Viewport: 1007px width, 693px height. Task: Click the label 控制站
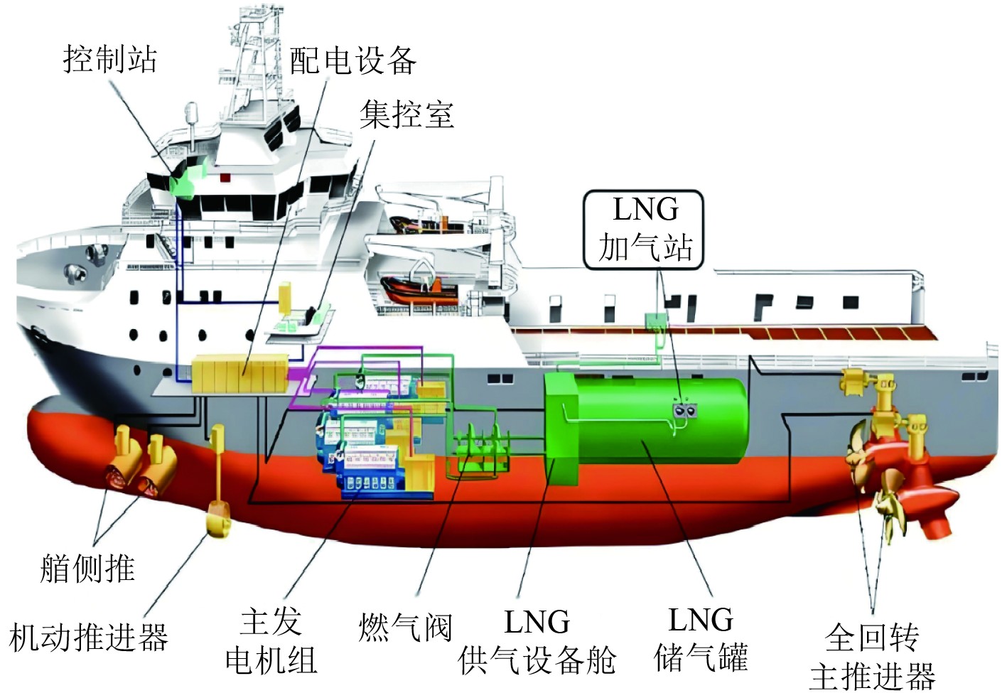tap(110, 59)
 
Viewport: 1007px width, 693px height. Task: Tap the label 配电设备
tap(352, 60)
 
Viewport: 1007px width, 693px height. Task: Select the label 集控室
tap(406, 114)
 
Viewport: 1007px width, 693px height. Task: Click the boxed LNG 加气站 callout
tap(644, 230)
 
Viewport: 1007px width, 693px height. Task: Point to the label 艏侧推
tap(87, 569)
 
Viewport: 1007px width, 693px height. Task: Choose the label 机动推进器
tap(89, 637)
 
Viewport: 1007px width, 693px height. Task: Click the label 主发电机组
tap(271, 641)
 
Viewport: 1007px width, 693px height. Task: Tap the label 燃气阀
tap(405, 627)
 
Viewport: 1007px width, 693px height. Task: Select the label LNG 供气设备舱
tap(537, 641)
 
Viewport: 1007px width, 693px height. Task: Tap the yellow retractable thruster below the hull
tap(217, 519)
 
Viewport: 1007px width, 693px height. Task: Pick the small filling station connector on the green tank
tap(685, 410)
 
